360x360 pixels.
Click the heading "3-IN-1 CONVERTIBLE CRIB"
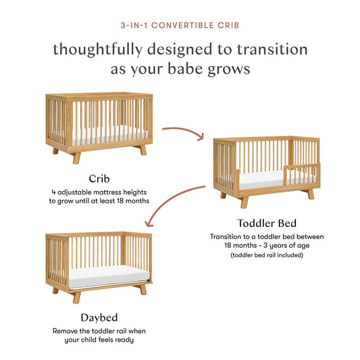[180, 26]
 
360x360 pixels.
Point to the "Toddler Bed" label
[265, 222]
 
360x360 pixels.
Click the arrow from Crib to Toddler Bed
[182, 130]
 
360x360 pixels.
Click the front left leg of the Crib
[76, 157]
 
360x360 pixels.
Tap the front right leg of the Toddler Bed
[310, 194]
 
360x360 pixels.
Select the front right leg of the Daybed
[143, 289]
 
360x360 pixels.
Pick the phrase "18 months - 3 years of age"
[265, 246]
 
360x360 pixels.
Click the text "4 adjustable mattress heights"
[99, 192]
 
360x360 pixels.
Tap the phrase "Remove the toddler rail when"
[99, 331]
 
